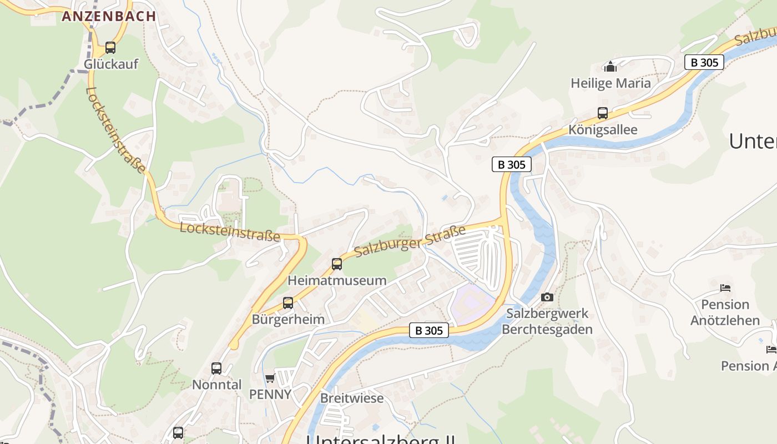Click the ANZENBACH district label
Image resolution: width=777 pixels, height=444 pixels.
coord(109,16)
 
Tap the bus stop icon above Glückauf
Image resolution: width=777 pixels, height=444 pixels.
coord(110,48)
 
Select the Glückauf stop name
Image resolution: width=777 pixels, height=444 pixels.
coord(111,64)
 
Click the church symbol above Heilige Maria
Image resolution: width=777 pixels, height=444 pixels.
coord(610,67)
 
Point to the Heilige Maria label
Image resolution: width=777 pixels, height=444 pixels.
coord(610,83)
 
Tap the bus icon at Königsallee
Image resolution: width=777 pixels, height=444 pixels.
coord(603,113)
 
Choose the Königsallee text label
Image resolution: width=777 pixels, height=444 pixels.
coord(603,130)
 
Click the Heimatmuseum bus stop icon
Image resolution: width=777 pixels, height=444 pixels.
coord(337,264)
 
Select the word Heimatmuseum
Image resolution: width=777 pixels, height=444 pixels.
coord(337,280)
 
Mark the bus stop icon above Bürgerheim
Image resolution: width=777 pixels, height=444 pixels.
coord(288,303)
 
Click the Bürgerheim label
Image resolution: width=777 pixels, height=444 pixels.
coord(288,320)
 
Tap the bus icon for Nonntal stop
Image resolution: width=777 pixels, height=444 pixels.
coord(216,369)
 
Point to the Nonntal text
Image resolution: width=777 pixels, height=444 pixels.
coord(216,385)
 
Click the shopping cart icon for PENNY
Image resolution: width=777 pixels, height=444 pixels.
coord(270,378)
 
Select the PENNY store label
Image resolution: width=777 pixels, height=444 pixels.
coord(270,394)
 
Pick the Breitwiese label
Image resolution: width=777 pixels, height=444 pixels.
coord(352,398)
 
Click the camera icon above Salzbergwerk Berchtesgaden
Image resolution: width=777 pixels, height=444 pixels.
coord(547,297)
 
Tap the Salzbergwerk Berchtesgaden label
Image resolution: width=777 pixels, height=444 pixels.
coord(547,321)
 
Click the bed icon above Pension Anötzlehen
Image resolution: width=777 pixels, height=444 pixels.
coord(725,288)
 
